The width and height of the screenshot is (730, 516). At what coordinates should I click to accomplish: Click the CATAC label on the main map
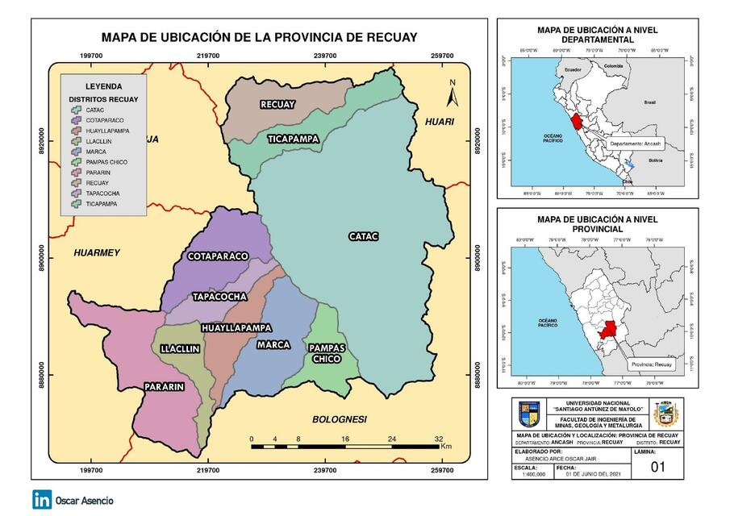(x=363, y=236)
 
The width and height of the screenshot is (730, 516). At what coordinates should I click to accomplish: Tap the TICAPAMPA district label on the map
(x=294, y=139)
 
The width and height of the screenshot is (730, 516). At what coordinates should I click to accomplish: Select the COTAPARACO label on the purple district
(x=218, y=256)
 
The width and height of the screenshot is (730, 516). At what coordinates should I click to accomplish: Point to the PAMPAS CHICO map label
(x=327, y=353)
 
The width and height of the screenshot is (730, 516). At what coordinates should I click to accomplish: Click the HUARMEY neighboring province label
(x=96, y=252)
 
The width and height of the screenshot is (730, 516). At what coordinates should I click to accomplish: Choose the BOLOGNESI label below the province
(x=340, y=419)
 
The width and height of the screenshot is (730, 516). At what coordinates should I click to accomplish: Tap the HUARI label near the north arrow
(x=438, y=121)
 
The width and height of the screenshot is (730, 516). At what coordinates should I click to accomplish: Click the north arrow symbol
(x=453, y=94)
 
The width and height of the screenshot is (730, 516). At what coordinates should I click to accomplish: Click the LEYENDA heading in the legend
(x=103, y=85)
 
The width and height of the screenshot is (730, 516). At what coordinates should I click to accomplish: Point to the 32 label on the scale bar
(x=440, y=439)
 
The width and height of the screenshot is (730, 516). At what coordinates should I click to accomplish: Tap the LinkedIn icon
(x=42, y=499)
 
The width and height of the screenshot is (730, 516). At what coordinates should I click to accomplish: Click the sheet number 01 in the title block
(x=659, y=467)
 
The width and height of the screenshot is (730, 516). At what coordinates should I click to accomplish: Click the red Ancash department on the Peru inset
(x=576, y=123)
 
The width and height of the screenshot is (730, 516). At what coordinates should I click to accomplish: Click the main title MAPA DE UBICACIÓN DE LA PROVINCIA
(x=259, y=37)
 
